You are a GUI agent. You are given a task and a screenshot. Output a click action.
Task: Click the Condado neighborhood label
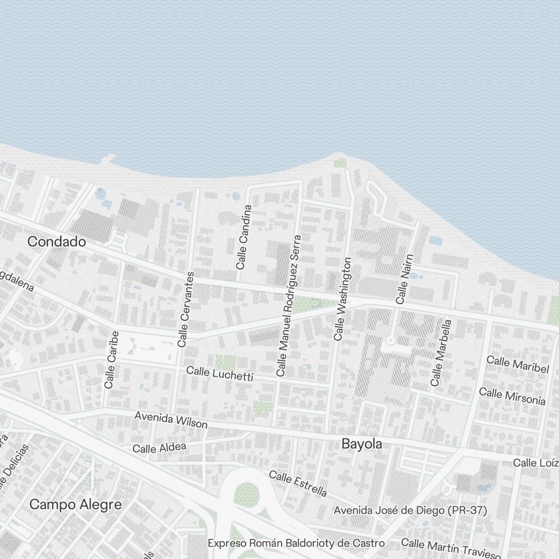(56, 242)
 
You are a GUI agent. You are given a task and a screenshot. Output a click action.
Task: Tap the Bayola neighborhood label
(362, 444)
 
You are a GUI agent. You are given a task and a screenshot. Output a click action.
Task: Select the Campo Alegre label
(75, 504)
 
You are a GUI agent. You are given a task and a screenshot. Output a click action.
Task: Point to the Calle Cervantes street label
(186, 309)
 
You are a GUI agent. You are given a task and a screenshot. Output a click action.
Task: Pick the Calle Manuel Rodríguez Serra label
(288, 305)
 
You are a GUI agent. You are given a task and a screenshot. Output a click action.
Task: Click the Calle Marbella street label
(440, 353)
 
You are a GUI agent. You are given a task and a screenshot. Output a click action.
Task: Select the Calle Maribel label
(517, 364)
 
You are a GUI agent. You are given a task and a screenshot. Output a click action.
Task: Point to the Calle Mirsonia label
(512, 396)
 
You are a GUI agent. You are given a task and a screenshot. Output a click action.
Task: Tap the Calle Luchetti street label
(219, 373)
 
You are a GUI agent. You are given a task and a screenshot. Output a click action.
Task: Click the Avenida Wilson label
(171, 420)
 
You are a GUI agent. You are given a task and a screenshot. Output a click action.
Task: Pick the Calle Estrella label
(297, 484)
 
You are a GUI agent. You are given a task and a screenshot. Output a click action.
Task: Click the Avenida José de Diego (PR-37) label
(410, 510)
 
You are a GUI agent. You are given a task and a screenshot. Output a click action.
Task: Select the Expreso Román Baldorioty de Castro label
(296, 543)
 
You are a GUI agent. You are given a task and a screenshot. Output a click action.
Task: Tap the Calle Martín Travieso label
(451, 548)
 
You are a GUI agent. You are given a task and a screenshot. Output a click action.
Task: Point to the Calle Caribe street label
(112, 359)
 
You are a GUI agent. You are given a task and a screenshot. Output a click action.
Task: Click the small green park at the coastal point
(340, 163)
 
